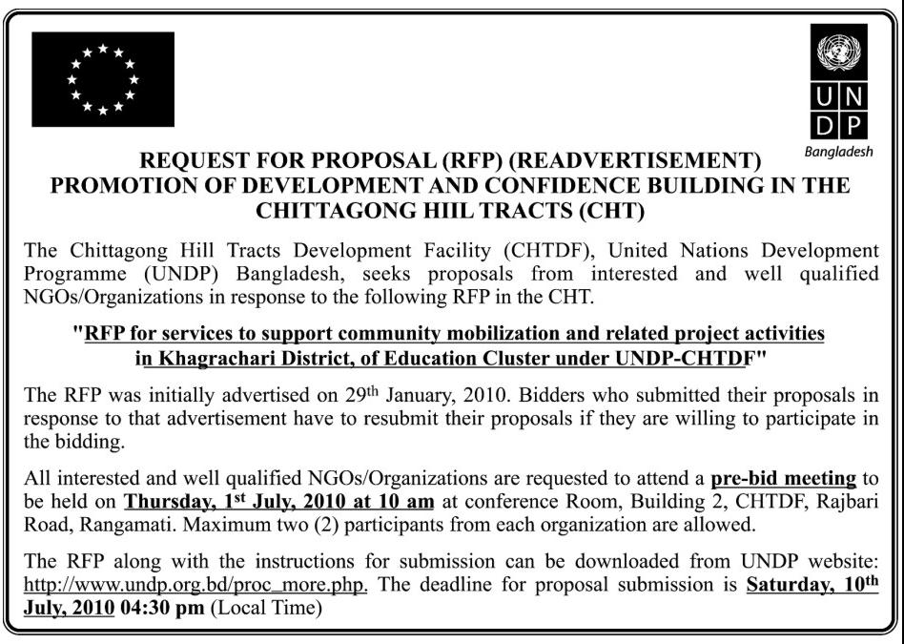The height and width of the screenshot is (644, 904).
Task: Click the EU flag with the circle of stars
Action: coord(103,79)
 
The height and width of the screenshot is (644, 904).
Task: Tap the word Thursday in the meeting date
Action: coord(169,501)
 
